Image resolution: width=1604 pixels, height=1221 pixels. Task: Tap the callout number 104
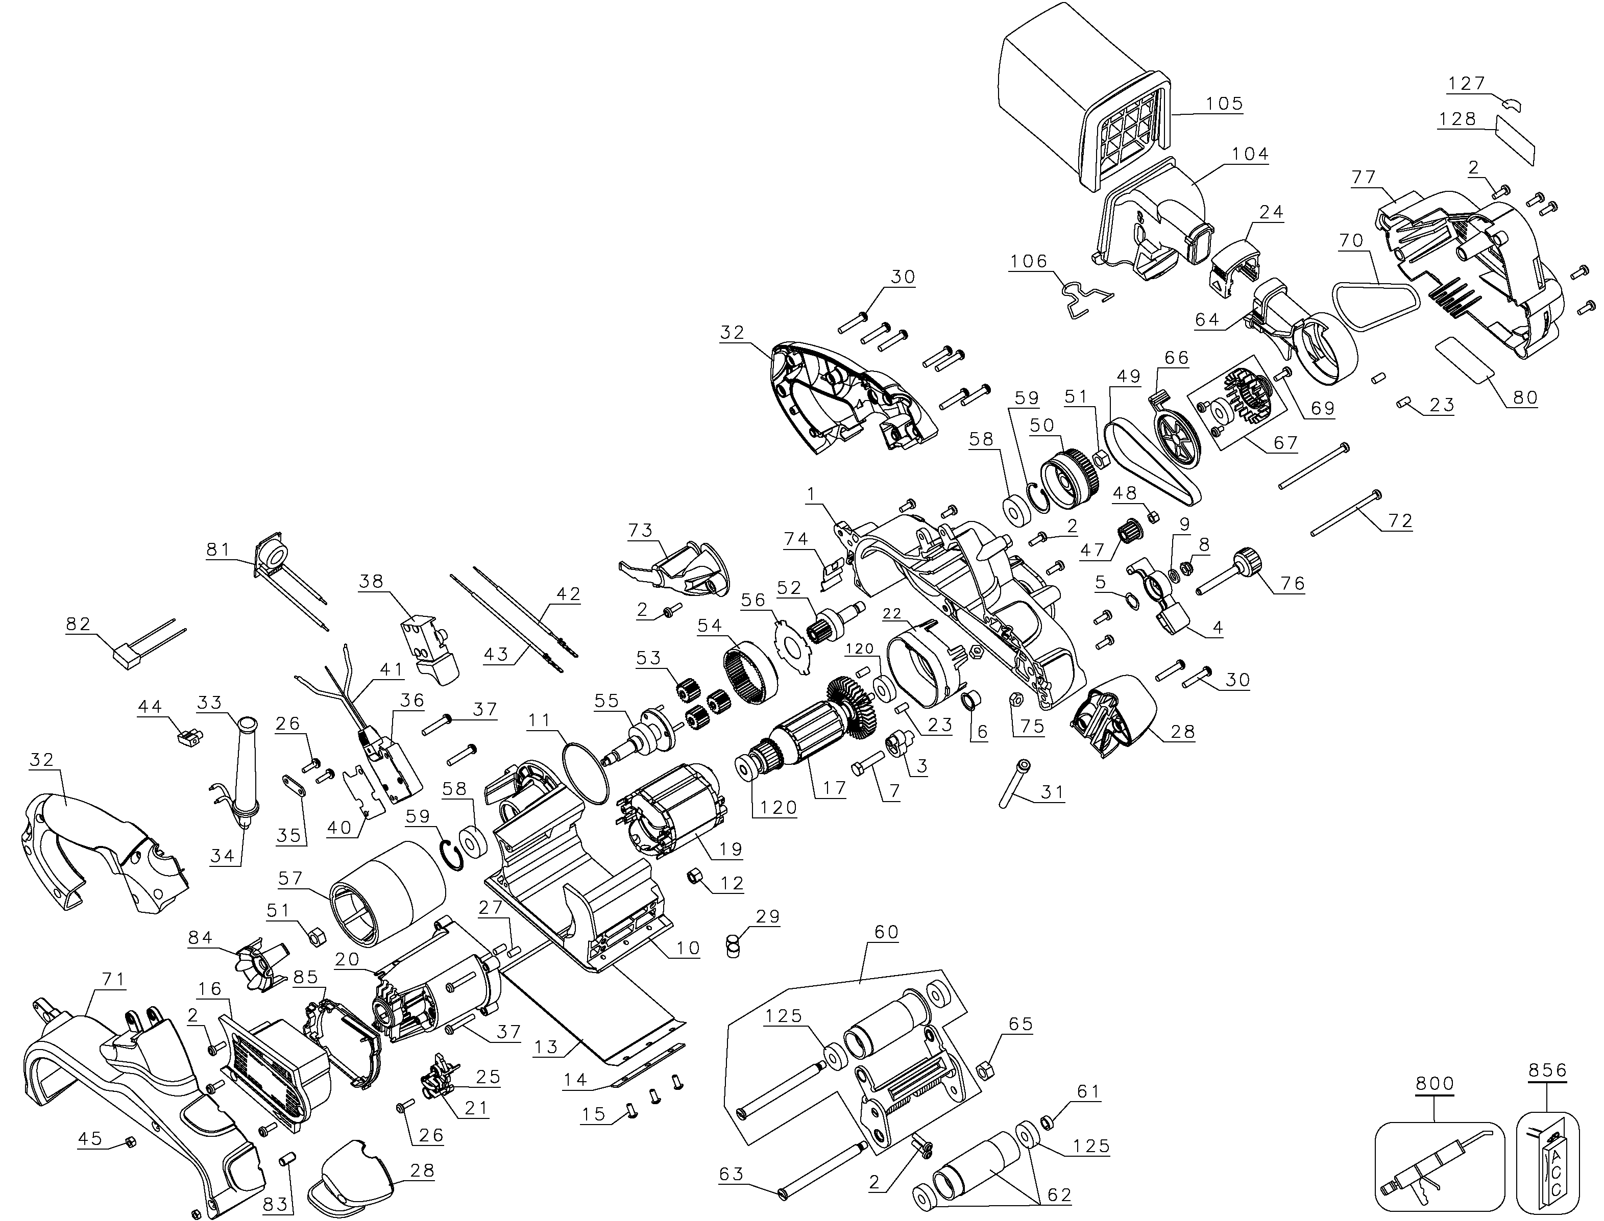pos(1250,154)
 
